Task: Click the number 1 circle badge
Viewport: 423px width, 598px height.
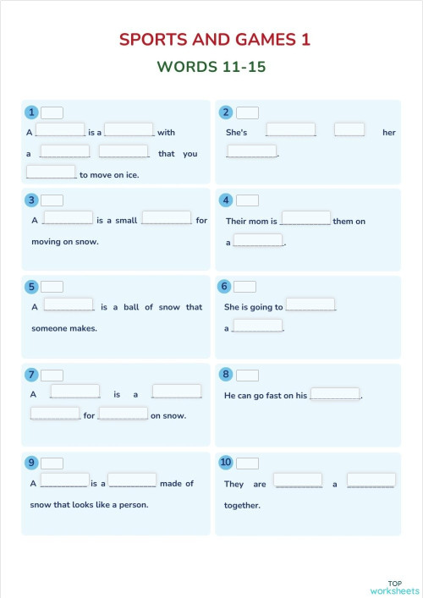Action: tap(31, 112)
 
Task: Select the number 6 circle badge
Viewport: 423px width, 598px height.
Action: tap(225, 287)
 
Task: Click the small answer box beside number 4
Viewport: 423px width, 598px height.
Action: tap(247, 200)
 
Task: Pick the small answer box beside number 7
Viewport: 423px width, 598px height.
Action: tap(52, 375)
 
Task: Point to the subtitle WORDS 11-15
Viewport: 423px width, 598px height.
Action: tap(211, 67)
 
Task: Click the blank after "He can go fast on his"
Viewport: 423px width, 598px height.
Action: tap(335, 393)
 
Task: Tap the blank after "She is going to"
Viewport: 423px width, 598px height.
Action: tap(310, 304)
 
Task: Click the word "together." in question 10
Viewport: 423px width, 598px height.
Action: tap(242, 506)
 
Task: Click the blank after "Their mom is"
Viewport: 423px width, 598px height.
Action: tap(305, 218)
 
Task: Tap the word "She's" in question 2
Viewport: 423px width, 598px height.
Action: tap(236, 133)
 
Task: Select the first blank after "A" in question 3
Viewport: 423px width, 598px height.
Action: tap(68, 218)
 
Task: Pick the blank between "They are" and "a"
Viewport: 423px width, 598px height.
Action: tap(298, 480)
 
